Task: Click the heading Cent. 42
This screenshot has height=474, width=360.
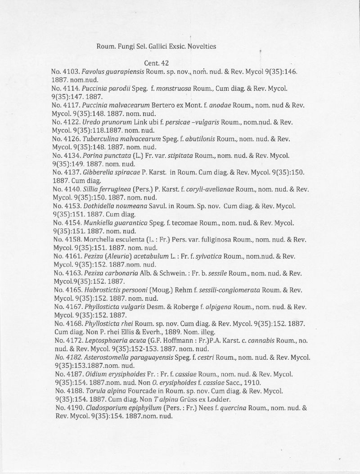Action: coord(156,63)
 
